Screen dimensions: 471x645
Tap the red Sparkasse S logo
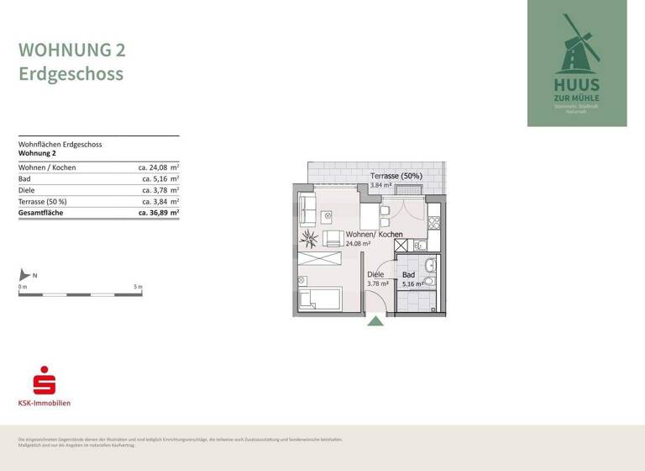[x=44, y=380]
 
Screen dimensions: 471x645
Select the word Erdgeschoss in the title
[x=71, y=74]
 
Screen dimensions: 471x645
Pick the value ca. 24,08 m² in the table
[x=159, y=167]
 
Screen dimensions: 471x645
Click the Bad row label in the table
[x=24, y=179]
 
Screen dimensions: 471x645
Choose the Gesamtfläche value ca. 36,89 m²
[x=159, y=214]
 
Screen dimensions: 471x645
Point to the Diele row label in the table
[x=27, y=190]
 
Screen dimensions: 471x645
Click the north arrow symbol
[x=25, y=275]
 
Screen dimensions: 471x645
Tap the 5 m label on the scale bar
[x=139, y=287]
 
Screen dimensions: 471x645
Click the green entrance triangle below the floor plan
[x=375, y=320]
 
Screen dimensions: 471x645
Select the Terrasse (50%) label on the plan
[x=396, y=177]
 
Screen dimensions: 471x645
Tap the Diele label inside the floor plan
[x=375, y=274]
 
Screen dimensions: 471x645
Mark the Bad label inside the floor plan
[x=408, y=274]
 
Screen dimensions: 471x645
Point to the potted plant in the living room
[x=312, y=239]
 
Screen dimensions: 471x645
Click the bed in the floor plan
[x=319, y=299]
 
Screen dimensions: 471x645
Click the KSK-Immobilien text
[x=45, y=403]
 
